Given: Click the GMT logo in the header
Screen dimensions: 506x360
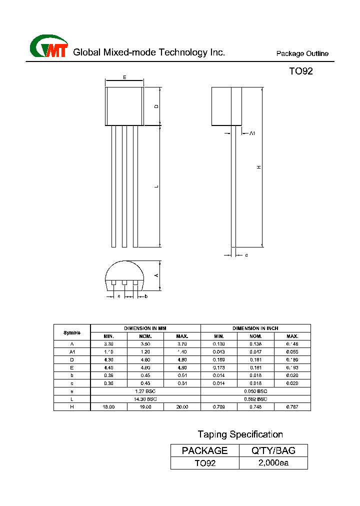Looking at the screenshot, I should (49, 47).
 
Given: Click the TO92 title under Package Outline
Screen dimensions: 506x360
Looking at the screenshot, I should (300, 71).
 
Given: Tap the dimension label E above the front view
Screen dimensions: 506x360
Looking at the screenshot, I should (124, 77).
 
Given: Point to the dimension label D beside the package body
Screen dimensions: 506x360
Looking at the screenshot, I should (156, 106).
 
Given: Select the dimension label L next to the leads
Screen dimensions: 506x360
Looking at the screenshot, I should (156, 186).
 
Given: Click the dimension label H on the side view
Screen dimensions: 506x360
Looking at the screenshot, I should (259, 167).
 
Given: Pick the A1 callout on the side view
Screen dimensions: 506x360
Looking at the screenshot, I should (252, 133).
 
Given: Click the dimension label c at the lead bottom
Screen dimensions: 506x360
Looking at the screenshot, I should (246, 255).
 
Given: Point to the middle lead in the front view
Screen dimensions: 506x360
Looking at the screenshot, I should (124, 186).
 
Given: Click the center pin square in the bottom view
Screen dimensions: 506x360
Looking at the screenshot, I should (124, 282).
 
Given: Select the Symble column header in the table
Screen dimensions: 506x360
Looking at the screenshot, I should (72, 332).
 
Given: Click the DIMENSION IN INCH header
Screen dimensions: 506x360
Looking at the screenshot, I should (255, 328).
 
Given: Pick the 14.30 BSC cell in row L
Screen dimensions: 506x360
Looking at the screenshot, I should (145, 399).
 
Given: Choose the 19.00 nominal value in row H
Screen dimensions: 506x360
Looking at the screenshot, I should (145, 407).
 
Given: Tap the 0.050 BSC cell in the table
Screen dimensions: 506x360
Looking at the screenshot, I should (255, 391).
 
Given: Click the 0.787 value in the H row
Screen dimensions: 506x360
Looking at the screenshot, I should (292, 407).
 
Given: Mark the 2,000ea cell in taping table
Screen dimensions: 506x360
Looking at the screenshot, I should (273, 463).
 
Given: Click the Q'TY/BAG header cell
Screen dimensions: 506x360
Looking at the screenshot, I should (273, 450).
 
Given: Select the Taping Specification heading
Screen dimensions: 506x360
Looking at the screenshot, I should (240, 434).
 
